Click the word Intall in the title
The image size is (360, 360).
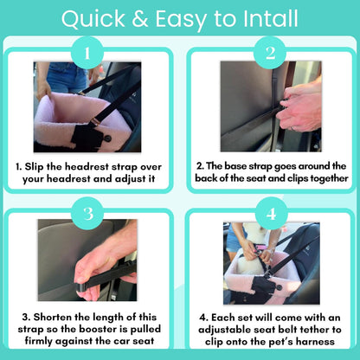[271, 19]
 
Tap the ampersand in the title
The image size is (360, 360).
[140, 19]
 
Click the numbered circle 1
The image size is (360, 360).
[87, 53]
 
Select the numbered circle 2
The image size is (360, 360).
[270, 53]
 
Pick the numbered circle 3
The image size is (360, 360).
[87, 214]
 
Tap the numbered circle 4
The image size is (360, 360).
[271, 214]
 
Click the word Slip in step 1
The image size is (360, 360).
[34, 167]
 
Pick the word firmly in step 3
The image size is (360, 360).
[39, 341]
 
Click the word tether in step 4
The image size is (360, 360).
[314, 330]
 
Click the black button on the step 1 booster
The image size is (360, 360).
[108, 138]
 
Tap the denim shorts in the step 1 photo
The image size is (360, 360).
[66, 75]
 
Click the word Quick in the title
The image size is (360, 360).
[93, 19]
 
